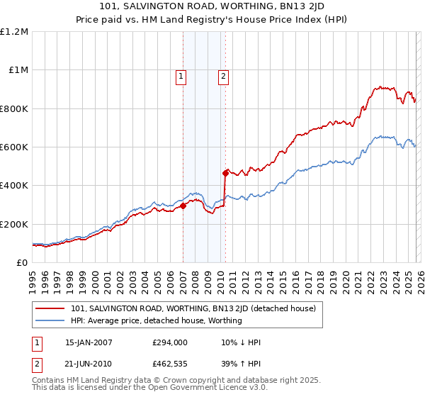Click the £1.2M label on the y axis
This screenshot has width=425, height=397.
click(14, 32)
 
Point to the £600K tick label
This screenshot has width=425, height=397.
click(14, 147)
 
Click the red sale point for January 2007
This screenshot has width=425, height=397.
click(183, 206)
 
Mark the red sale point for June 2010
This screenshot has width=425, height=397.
click(225, 172)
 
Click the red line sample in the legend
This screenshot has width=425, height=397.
click(50, 308)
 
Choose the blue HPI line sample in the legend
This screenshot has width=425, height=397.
click(50, 320)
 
